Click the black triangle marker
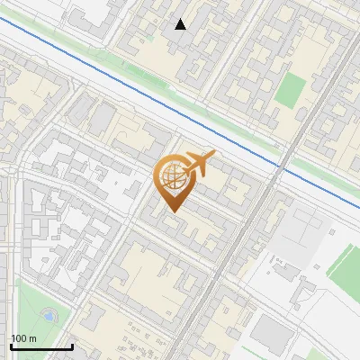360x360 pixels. click(x=181, y=24)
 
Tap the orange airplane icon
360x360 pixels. click(x=199, y=164)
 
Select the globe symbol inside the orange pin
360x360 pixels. click(x=170, y=178)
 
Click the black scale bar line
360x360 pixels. click(x=41, y=346)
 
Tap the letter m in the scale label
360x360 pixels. click(x=32, y=338)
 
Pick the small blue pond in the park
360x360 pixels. click(x=47, y=317)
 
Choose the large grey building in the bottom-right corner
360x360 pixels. click(x=270, y=334)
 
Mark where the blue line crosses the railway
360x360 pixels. click(x=281, y=168)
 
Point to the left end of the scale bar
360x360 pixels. click(x=11, y=346)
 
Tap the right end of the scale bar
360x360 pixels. click(x=72, y=346)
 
